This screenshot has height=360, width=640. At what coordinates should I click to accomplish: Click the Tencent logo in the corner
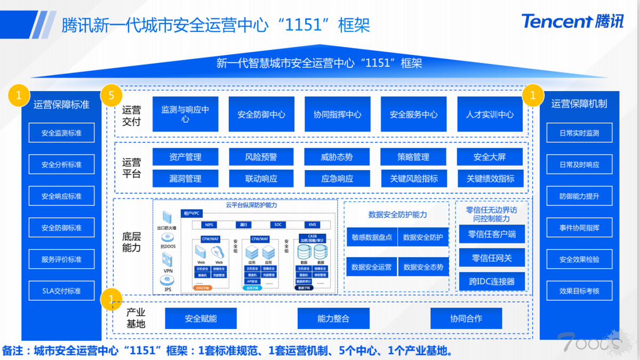[x=572, y=21]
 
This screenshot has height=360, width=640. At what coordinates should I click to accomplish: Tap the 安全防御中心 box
[x=261, y=114]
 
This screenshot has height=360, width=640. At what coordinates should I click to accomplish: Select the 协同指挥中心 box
[x=338, y=114]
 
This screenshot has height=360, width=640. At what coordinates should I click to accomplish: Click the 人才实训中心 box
[x=490, y=114]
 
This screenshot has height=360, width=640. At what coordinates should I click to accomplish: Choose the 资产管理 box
[x=185, y=157]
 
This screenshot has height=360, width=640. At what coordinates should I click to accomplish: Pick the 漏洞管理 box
[x=185, y=178]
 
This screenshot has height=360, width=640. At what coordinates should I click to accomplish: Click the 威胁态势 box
[x=337, y=157]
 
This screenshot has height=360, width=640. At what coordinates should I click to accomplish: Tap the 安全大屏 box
[x=490, y=157]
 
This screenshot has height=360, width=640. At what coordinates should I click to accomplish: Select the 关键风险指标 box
[x=414, y=178]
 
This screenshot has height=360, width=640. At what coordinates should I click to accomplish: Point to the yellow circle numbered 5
[x=111, y=96]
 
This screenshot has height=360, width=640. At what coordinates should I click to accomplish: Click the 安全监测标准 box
[x=61, y=133]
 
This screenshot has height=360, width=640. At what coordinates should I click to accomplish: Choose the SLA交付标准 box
[x=61, y=291]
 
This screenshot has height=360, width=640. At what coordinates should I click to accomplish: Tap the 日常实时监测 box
[x=579, y=133]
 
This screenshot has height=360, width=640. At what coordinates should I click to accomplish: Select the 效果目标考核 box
[x=579, y=291]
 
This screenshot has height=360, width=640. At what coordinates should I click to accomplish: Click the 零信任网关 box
[x=492, y=258]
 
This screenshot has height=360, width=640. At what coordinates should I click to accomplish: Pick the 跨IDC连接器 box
[x=492, y=281]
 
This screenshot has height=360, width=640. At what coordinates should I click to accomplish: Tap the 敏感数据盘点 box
[x=371, y=237]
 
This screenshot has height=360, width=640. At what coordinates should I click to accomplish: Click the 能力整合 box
[x=333, y=318]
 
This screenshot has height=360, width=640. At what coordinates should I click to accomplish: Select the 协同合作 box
[x=466, y=318]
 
